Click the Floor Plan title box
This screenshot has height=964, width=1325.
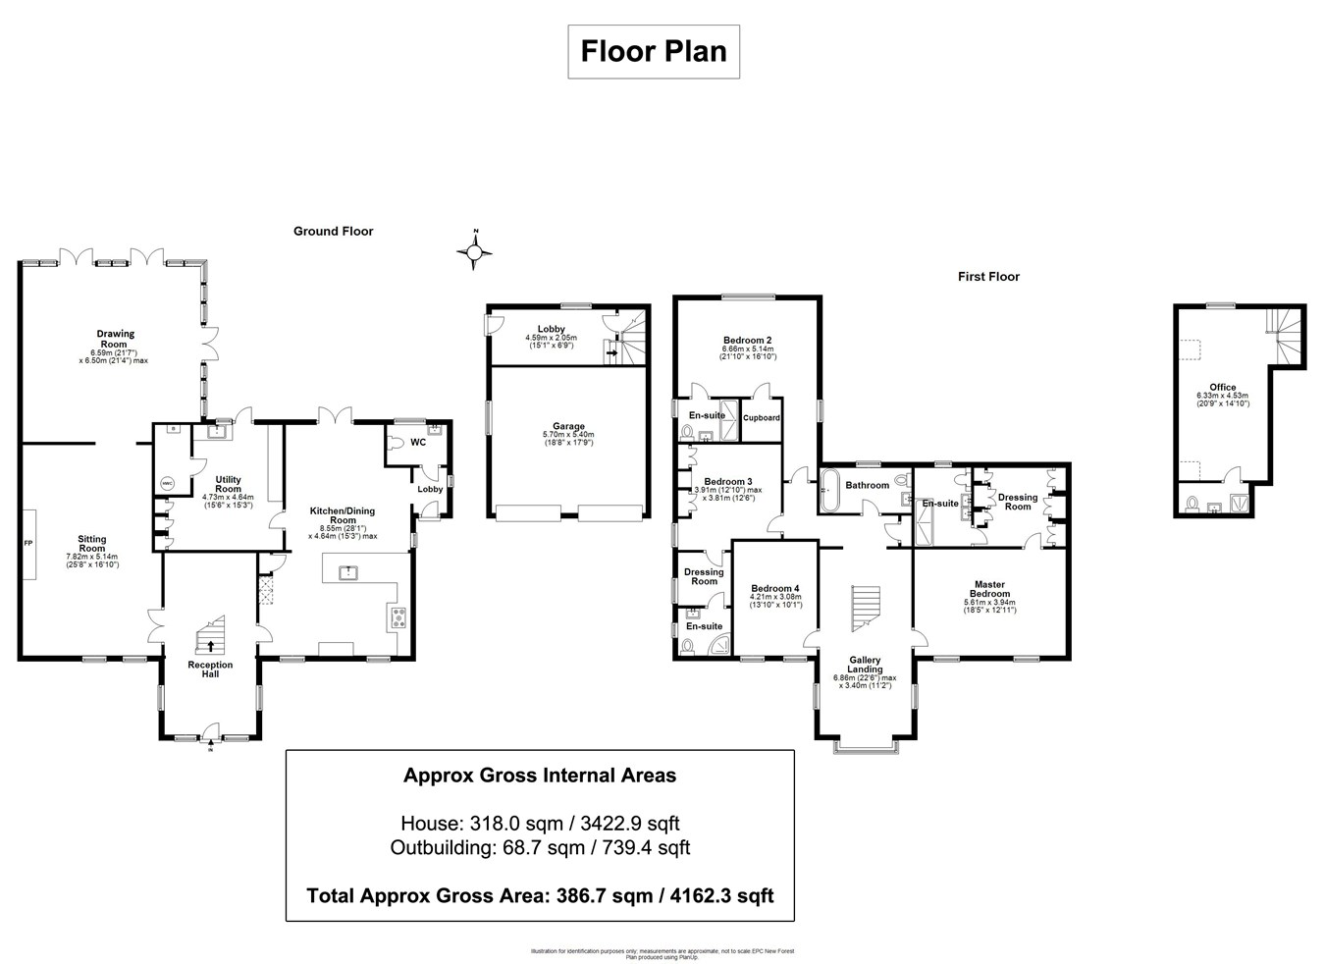point(654,51)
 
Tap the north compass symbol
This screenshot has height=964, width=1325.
point(476,253)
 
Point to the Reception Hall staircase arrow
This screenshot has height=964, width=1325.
point(210,645)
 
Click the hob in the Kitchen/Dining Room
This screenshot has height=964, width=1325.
point(399,617)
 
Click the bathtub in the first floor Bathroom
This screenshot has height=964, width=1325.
point(829,490)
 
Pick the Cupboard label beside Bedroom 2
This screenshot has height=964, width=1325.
point(762,417)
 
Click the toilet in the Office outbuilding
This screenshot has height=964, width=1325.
point(1192,504)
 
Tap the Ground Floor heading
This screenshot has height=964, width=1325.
point(333,232)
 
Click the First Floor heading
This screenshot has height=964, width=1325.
point(988,277)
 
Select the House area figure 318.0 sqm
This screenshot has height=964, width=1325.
point(540,823)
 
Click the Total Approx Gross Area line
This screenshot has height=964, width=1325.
point(540,895)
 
